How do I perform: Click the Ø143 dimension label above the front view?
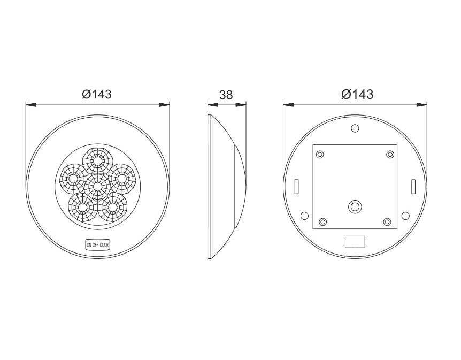coord(96,94)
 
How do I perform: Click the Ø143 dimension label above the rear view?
coord(357,94)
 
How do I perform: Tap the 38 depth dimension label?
coord(226,95)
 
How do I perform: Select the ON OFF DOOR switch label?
coord(98,244)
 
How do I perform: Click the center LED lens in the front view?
coord(97,187)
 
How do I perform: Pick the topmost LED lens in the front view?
coord(97,161)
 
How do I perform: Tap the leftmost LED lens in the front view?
coord(73,178)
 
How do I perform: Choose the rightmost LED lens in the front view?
coord(122,178)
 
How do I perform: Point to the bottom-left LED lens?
coord(82,208)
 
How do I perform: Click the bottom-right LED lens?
coord(112,208)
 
